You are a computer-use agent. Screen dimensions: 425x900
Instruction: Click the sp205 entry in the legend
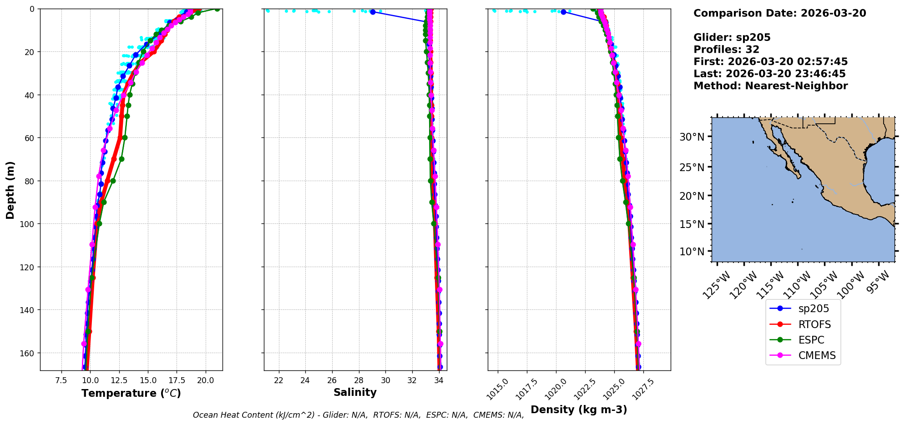813,309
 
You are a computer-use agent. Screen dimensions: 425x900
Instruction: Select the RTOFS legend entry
814,324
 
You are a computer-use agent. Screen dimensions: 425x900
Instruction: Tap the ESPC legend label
811,340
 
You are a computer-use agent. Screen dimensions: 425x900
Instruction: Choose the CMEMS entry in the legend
817,355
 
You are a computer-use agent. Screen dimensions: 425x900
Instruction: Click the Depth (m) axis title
10,190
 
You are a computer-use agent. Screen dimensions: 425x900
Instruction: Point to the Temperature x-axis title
131,393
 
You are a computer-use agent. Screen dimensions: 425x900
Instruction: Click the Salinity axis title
355,392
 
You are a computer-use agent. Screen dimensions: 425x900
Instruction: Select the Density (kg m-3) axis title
579,410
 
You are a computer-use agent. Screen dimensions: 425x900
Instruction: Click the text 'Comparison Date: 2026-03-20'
779,13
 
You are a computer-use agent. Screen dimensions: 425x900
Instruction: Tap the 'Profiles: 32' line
726,50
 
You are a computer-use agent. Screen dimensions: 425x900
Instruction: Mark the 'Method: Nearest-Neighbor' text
770,86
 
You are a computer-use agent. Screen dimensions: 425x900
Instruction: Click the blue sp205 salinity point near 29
373,12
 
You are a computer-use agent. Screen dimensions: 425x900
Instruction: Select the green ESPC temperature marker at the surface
217,9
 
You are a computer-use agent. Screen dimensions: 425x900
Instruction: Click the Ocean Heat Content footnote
358,415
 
